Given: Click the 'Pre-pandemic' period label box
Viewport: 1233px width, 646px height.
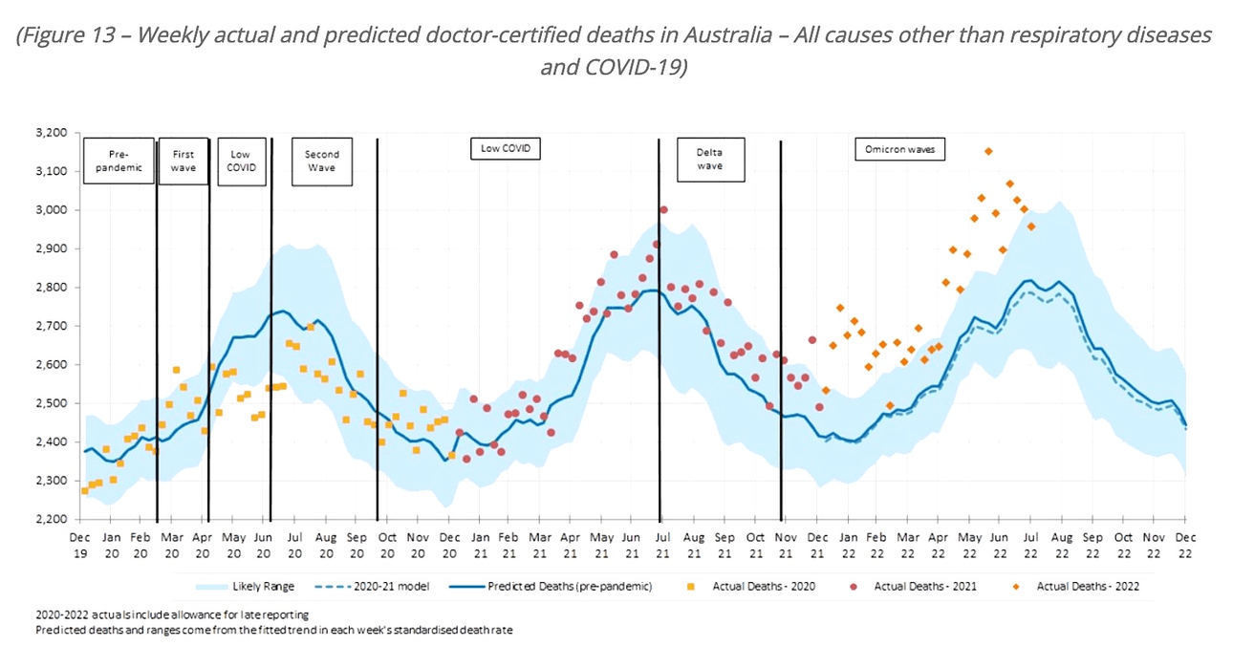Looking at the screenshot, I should click(x=119, y=161).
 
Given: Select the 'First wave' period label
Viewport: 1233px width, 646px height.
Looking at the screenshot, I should click(x=183, y=161).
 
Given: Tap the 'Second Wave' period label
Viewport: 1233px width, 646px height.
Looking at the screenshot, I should click(x=321, y=161).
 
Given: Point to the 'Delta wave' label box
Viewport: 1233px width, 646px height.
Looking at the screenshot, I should click(x=709, y=159).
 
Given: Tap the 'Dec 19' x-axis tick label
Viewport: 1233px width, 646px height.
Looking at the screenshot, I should click(x=81, y=546).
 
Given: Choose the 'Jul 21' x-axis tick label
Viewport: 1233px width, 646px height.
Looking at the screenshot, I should click(x=660, y=546).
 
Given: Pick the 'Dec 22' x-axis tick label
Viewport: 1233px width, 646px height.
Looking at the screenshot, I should click(x=1185, y=546).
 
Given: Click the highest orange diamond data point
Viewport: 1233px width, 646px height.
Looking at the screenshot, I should click(x=988, y=151).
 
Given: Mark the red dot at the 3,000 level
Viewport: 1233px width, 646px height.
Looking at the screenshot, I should click(x=663, y=209).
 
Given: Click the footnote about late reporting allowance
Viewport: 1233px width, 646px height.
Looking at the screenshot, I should click(x=172, y=614).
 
